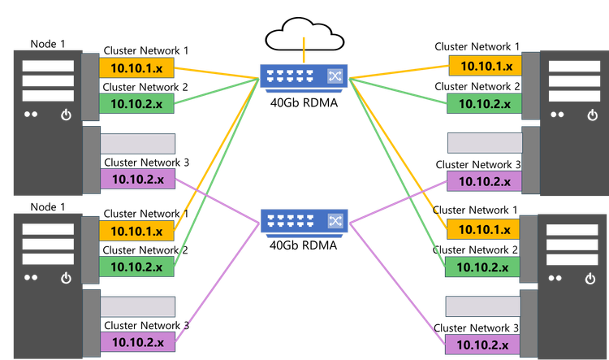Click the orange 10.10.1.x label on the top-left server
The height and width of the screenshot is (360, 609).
point(136,67)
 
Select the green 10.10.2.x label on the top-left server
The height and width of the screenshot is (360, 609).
point(136,104)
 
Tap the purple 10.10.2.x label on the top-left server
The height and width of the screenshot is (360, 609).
point(136,180)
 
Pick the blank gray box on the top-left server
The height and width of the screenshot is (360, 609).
point(137,144)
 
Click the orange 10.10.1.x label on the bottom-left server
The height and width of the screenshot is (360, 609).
point(136,231)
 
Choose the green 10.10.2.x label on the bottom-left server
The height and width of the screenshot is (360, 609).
point(136,266)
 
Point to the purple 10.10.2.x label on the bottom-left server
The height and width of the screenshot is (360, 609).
point(136,343)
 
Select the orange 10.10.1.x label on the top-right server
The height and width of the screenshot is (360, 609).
point(485,67)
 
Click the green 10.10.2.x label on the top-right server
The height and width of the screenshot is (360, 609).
point(485,104)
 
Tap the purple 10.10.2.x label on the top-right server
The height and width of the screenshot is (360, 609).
point(485,180)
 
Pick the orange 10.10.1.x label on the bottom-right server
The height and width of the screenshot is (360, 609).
point(485,230)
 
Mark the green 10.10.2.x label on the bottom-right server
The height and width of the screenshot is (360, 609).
point(485,266)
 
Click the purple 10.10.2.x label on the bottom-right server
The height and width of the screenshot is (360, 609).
point(485,343)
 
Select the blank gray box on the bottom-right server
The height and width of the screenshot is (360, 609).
point(485,306)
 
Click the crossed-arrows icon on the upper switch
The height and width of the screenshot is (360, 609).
point(335,76)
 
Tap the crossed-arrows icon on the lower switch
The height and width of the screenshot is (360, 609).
point(335,220)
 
